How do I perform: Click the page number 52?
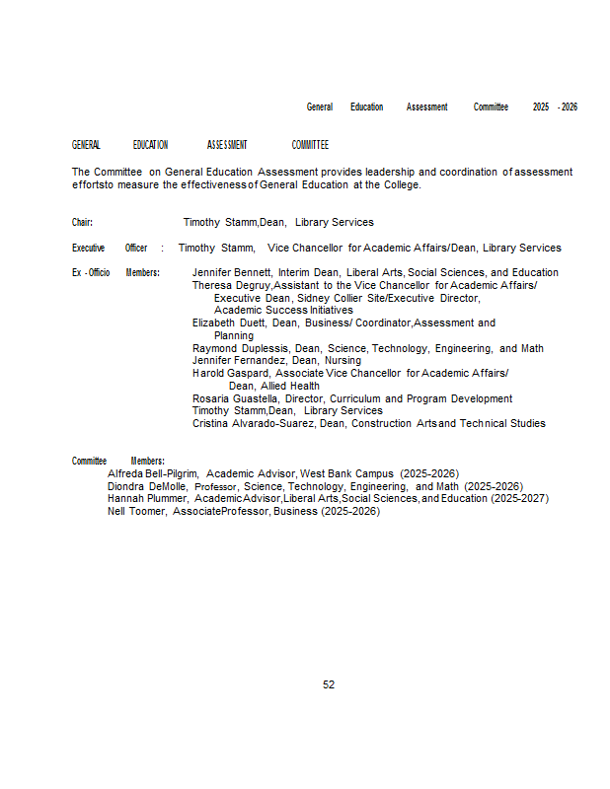click(x=329, y=684)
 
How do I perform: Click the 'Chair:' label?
click(x=83, y=223)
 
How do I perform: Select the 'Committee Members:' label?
click(x=118, y=461)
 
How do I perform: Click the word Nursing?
click(x=343, y=360)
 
